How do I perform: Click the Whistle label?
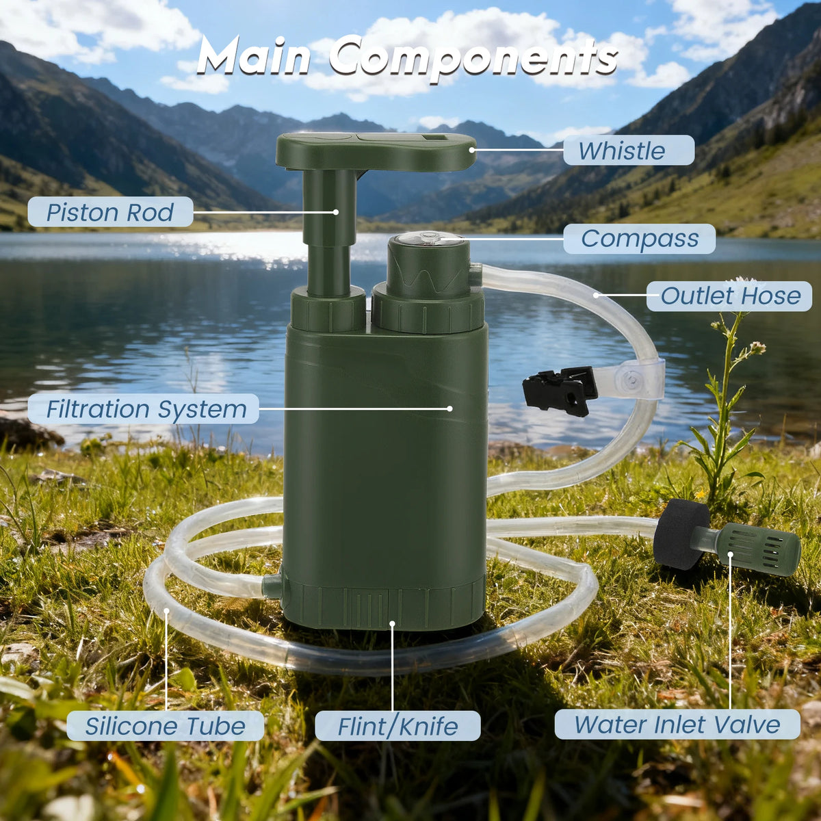pyautogui.click(x=628, y=150)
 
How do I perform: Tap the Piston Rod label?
pyautogui.click(x=110, y=211)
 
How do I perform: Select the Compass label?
pyautogui.click(x=639, y=238)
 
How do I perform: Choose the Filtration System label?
pyautogui.click(x=144, y=408)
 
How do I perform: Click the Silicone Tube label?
pyautogui.click(x=166, y=725)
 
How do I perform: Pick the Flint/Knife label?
pyautogui.click(x=398, y=725)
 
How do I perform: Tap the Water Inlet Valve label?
pyautogui.click(x=677, y=724)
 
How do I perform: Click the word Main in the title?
pyautogui.click(x=255, y=56)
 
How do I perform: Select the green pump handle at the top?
pyautogui.click(x=376, y=151)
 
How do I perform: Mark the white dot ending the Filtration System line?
pyautogui.click(x=449, y=408)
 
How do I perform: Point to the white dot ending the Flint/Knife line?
pyautogui.click(x=392, y=624)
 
